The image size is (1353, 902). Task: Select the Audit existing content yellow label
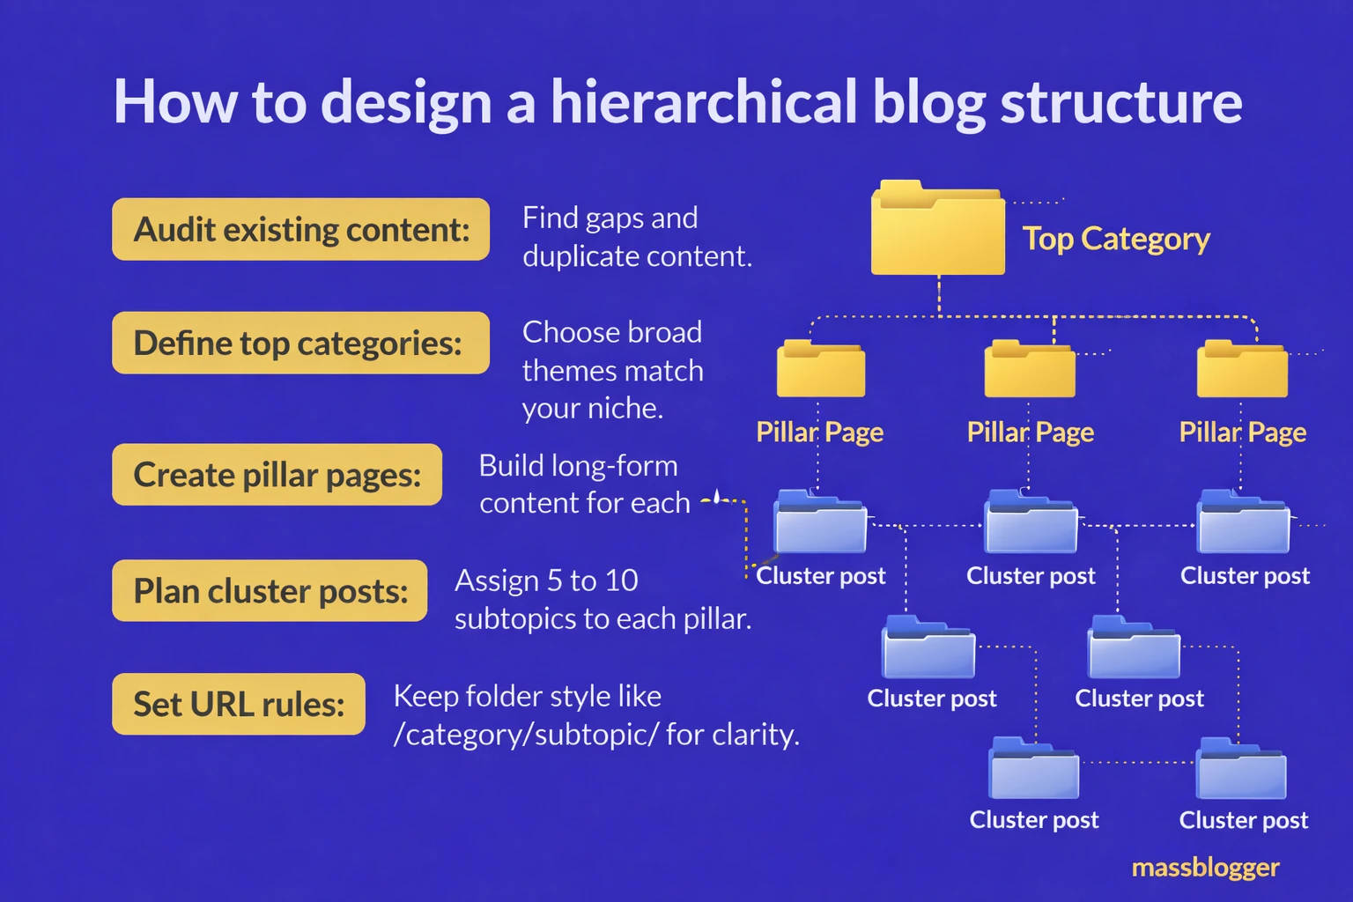click(x=300, y=229)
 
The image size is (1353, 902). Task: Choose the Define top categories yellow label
click(x=300, y=343)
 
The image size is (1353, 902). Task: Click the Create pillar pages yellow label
click(x=277, y=475)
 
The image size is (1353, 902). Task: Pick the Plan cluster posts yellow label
click(x=270, y=591)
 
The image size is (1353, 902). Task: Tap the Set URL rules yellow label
click(x=239, y=704)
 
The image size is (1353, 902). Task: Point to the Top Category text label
click(x=1116, y=239)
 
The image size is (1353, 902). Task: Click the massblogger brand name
click(x=1205, y=868)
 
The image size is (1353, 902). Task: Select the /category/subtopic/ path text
click(x=526, y=734)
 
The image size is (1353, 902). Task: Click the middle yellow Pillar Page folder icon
click(x=1029, y=370)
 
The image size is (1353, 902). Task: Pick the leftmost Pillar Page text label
click(x=819, y=432)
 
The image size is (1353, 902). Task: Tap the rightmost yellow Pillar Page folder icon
click(x=1241, y=370)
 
